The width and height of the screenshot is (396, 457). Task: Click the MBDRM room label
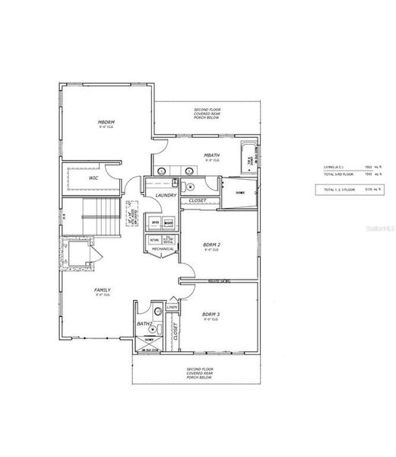pos(105,122)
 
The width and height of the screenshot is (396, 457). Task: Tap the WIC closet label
pos(93,177)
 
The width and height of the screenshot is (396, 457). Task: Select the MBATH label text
pos(211,155)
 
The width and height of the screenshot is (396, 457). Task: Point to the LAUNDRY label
pos(166,196)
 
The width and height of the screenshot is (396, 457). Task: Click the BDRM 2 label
pos(211,244)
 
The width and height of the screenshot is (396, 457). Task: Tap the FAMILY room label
pos(103,289)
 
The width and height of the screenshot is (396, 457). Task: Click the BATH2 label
pos(144,324)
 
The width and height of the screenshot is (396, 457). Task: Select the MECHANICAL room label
pos(163,248)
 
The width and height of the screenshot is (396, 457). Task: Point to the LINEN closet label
pos(171,307)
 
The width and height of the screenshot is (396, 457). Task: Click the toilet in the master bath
pos(190,186)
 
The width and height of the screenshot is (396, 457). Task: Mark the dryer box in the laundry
pos(156,223)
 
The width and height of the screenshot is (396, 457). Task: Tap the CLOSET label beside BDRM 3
pos(175,331)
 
